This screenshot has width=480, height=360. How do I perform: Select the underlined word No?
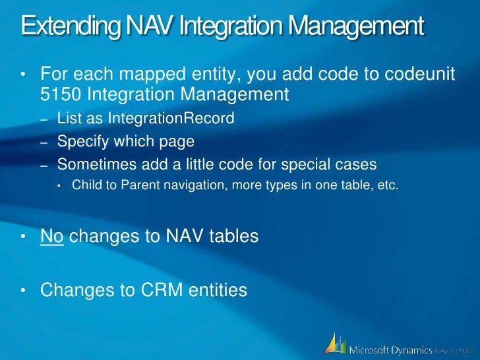point(52,236)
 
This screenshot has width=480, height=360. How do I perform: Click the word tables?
point(226,236)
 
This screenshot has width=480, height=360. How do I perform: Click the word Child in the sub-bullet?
point(85,185)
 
